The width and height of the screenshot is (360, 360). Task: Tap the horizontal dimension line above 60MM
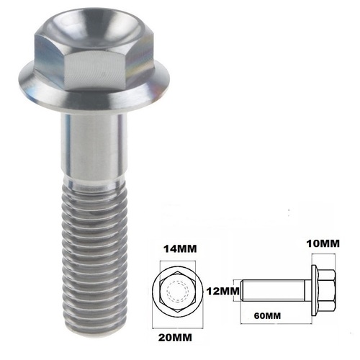pyautogui.click(x=277, y=305)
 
